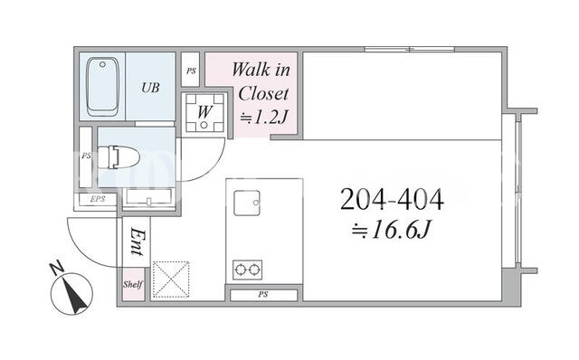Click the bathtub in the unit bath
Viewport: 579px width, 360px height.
click(x=102, y=87)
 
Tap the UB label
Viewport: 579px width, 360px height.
click(x=150, y=88)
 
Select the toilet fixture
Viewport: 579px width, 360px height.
click(x=119, y=156)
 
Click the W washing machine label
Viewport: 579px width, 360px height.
click(x=204, y=111)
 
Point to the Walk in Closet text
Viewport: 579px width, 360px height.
click(x=261, y=81)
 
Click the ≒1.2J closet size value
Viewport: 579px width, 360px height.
click(x=263, y=118)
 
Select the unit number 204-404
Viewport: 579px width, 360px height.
click(x=392, y=199)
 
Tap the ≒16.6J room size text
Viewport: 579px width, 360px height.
click(x=391, y=230)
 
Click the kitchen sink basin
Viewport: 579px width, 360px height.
click(x=247, y=203)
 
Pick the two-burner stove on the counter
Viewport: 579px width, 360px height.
click(x=247, y=270)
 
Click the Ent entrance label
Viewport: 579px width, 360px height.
click(x=137, y=242)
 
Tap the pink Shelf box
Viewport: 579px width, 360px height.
click(x=133, y=284)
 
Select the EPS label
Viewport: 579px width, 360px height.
click(x=98, y=199)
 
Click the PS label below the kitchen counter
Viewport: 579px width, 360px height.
click(x=263, y=294)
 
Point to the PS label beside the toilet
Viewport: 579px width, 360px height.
click(x=86, y=156)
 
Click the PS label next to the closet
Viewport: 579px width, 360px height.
click(x=191, y=71)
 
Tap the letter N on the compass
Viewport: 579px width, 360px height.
click(x=56, y=269)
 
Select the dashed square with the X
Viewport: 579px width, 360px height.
click(x=171, y=279)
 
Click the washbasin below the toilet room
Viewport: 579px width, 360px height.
click(x=148, y=196)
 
